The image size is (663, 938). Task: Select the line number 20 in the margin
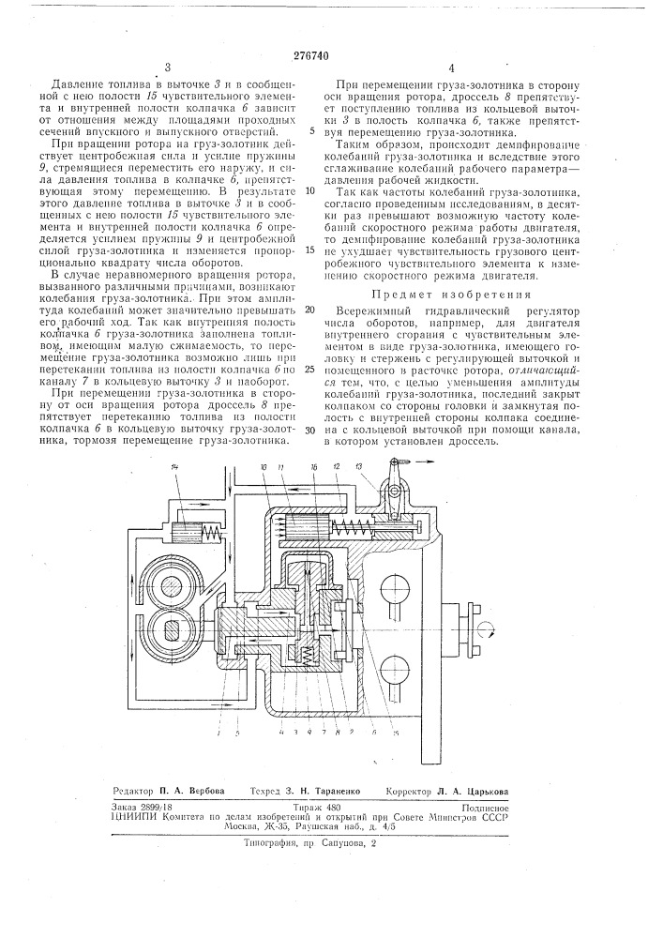[x=309, y=310]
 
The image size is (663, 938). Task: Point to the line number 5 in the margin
[x=311, y=131]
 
